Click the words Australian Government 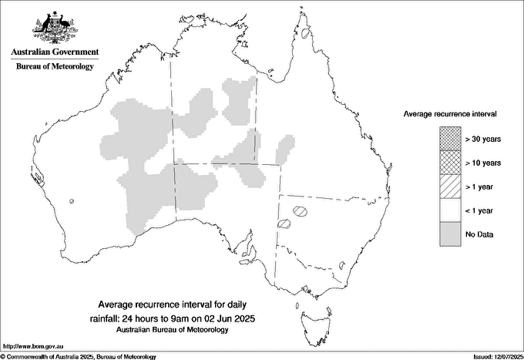(55, 52)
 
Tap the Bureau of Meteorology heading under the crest (55, 66)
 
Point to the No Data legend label (479, 234)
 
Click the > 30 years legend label (483, 139)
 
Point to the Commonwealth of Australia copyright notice (79, 356)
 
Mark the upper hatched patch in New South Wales (301, 210)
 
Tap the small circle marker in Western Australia (72, 201)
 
